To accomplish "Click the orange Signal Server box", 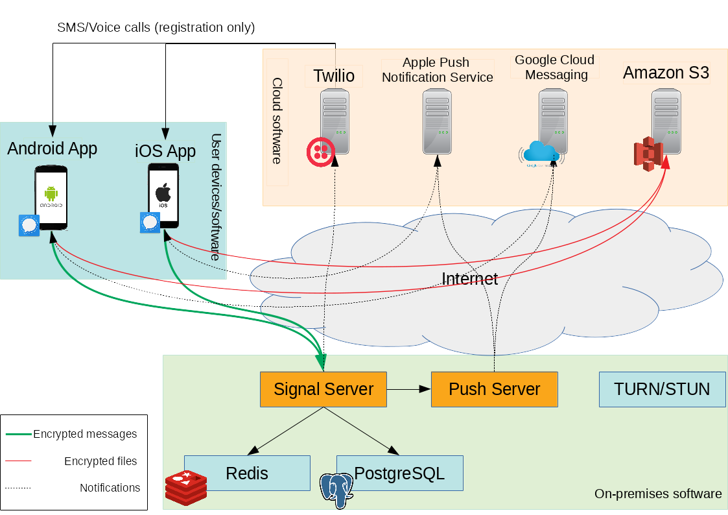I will coord(323,389).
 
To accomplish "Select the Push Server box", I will coord(494,389).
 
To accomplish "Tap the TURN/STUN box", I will coord(662,389).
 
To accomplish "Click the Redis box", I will coord(247,473).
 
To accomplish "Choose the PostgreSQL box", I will coord(399,473).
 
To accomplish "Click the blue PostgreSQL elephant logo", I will coord(337,490).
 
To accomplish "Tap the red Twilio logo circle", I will coord(320,150).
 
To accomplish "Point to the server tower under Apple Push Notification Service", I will coord(438,121).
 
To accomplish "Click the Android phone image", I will coord(51,197).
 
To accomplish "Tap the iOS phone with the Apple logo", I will coord(163,195).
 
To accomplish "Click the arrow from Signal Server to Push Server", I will coord(409,389).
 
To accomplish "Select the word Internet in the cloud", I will coord(469,279).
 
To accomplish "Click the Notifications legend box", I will coord(110,488).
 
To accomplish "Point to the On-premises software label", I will coord(658,494).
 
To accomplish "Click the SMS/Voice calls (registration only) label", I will coord(156,28).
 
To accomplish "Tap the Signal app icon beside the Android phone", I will coord(29,225).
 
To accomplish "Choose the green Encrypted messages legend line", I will coord(19,434).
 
